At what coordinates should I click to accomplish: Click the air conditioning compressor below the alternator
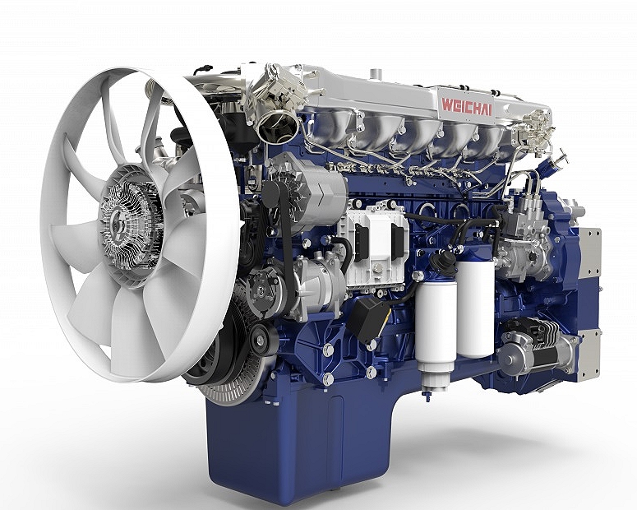(x=297, y=285)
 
